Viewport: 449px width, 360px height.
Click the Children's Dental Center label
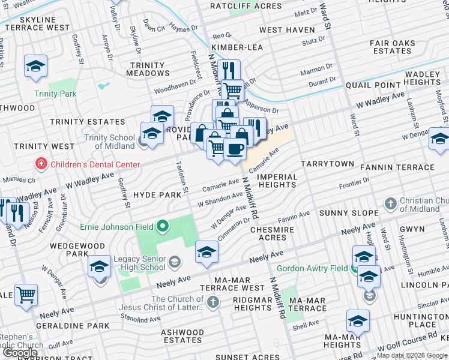pyautogui.click(x=95, y=164)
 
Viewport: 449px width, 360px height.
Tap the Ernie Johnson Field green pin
pyautogui.click(x=162, y=227)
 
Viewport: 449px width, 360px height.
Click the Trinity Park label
pyautogui.click(x=55, y=94)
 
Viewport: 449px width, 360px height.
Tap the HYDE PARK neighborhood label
pyautogui.click(x=157, y=195)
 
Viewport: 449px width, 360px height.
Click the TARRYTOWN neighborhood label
pyautogui.click(x=328, y=163)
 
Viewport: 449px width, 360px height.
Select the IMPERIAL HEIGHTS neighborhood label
pyautogui.click(x=278, y=181)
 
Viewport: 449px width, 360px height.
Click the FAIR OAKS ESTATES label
pyautogui.click(x=393, y=47)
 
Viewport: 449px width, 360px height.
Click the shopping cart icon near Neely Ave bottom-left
pyautogui.click(x=26, y=295)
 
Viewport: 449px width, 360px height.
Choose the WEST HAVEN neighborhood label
pyautogui.click(x=287, y=30)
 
